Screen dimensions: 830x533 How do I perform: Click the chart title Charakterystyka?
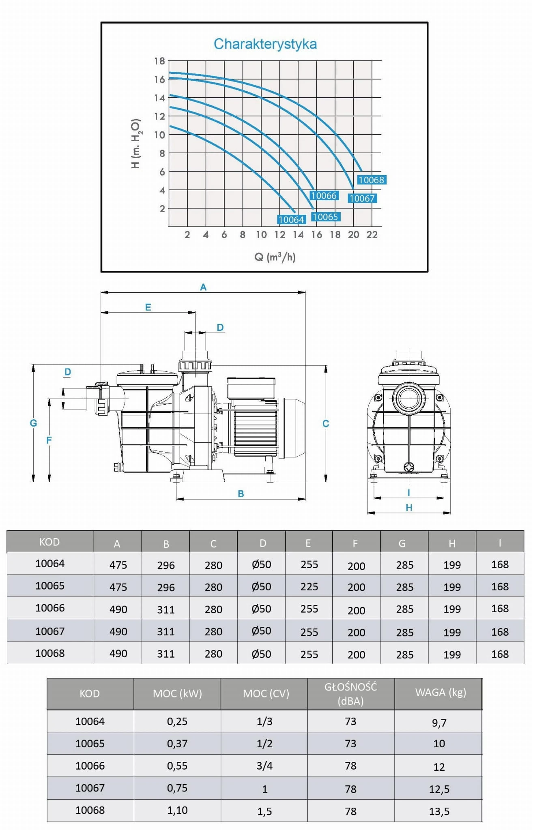click(x=265, y=44)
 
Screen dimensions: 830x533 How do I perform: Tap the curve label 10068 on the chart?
click(x=371, y=180)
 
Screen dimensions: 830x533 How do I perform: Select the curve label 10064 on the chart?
click(x=291, y=219)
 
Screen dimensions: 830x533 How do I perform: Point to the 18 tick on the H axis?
click(x=159, y=61)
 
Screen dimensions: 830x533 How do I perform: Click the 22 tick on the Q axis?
click(x=372, y=235)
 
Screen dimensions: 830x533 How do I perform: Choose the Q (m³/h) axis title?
click(x=275, y=257)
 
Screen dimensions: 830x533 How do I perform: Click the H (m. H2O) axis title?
click(x=136, y=144)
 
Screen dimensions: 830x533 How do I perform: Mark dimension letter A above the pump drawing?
click(x=203, y=287)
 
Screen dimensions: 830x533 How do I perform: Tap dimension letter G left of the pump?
click(x=33, y=423)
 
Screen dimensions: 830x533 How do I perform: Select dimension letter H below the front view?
click(x=409, y=508)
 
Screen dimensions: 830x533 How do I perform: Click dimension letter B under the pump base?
click(x=241, y=494)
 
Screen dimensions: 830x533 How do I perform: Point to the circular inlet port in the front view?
click(x=409, y=398)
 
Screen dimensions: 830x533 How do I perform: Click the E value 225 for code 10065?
click(x=309, y=586)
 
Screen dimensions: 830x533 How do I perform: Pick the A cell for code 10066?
click(x=118, y=609)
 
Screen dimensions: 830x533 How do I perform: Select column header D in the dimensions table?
click(x=262, y=543)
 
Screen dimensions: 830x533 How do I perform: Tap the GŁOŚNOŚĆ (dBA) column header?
click(x=350, y=694)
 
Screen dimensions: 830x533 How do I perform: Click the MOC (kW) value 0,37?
click(x=177, y=743)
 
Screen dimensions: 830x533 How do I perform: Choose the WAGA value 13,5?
click(x=439, y=811)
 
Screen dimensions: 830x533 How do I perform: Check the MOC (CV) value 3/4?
click(x=264, y=766)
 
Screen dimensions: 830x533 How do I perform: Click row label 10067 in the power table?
click(x=90, y=788)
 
